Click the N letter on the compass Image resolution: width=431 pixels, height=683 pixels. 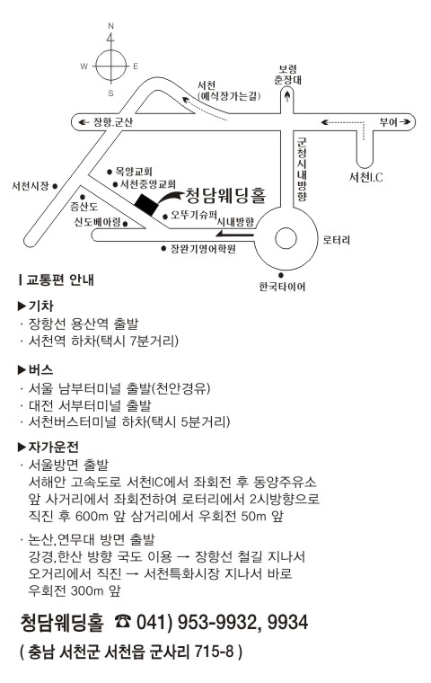click(111, 26)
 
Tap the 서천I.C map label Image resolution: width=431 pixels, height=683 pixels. click(366, 177)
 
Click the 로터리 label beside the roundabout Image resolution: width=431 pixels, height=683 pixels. click(336, 240)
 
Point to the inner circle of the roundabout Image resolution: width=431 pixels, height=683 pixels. click(286, 239)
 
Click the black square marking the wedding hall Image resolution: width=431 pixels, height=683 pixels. click(146, 204)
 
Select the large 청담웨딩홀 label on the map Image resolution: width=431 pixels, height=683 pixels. click(225, 196)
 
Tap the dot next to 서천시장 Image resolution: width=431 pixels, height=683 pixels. click(55, 186)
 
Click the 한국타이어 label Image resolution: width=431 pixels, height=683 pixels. click(282, 287)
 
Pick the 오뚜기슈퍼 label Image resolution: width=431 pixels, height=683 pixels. click(194, 215)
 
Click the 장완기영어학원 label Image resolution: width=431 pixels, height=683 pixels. click(203, 249)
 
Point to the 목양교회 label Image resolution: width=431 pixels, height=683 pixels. click(134, 172)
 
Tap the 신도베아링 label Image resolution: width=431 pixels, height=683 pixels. click(97, 222)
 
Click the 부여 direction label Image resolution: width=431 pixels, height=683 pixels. click(388, 122)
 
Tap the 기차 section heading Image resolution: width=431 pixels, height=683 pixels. click(41, 306)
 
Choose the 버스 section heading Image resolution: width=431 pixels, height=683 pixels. click(41, 370)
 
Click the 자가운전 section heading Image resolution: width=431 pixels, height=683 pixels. click(54, 447)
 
